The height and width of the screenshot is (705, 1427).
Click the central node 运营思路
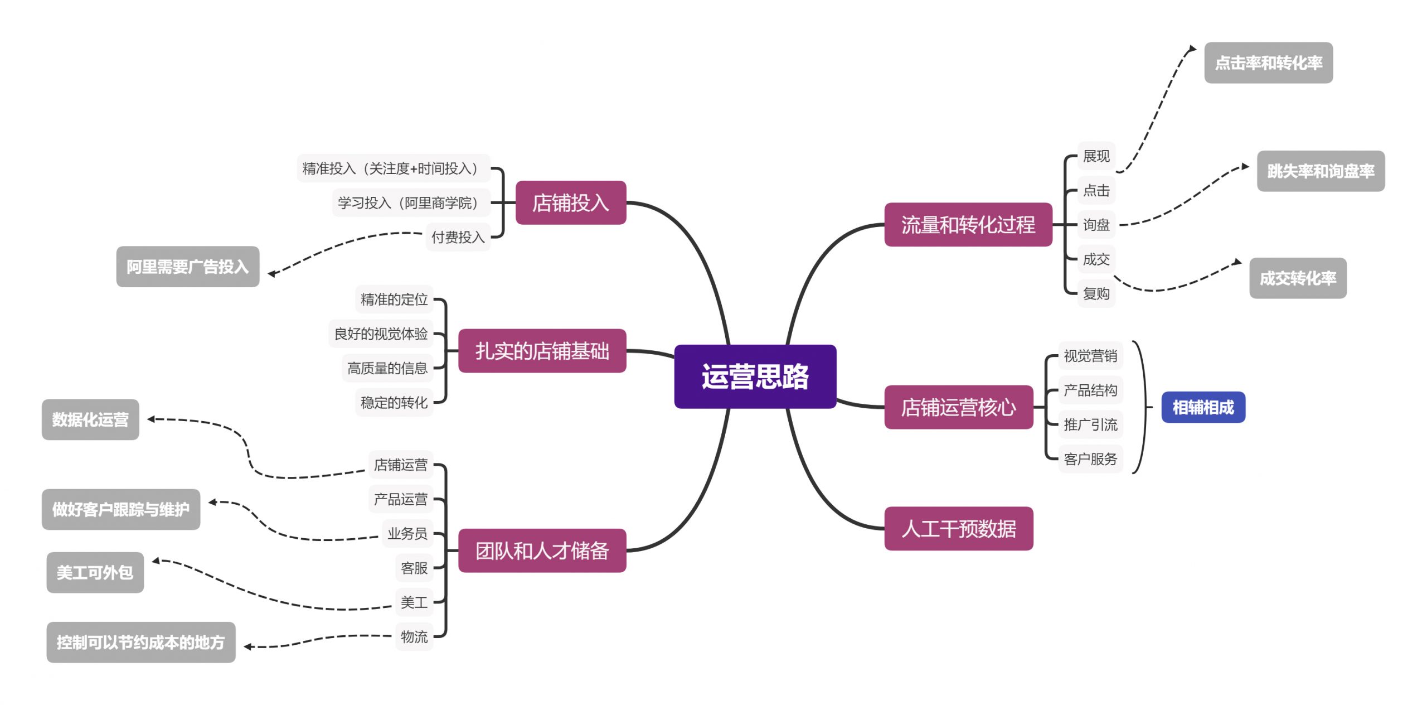click(x=755, y=376)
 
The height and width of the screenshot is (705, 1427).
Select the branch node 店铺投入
click(x=570, y=202)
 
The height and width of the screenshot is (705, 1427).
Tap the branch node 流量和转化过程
click(x=968, y=224)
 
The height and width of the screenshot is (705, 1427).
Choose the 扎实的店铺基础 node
click(x=542, y=351)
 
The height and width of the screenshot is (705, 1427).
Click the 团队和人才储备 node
click(x=542, y=551)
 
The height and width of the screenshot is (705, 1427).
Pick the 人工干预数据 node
click(x=958, y=528)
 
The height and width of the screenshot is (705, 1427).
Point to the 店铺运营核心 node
click(x=958, y=407)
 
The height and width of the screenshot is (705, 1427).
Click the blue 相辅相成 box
click(x=1203, y=407)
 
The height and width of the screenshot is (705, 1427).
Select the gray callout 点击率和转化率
click(x=1268, y=62)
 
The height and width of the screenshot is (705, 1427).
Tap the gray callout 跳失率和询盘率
click(x=1321, y=171)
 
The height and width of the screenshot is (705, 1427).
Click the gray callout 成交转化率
click(x=1298, y=278)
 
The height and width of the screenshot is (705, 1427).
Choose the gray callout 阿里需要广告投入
click(x=187, y=267)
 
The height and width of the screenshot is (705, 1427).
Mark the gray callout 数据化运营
click(x=90, y=419)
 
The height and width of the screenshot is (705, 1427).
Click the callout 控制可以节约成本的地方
click(x=140, y=642)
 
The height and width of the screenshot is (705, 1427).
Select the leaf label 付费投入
click(x=458, y=237)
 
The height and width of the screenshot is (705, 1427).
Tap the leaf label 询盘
click(x=1096, y=225)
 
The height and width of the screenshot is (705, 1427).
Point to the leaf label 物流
click(x=414, y=636)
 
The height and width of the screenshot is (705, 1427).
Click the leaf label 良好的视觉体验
click(x=381, y=334)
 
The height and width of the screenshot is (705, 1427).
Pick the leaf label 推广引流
click(x=1090, y=424)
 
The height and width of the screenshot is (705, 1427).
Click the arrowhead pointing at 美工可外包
click(x=156, y=561)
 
